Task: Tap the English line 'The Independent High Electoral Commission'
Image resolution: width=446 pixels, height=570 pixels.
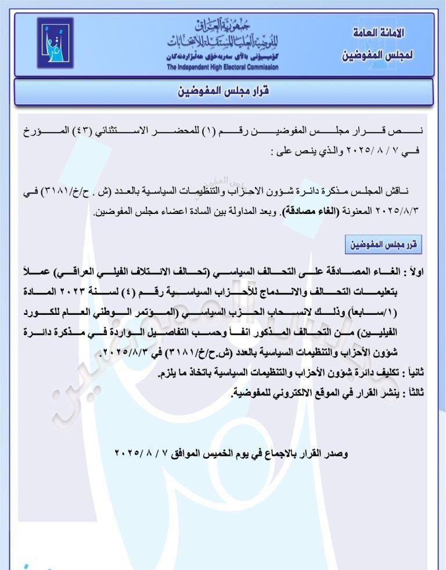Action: click(222, 67)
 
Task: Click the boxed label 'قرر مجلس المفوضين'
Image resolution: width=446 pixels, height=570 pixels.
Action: click(383, 245)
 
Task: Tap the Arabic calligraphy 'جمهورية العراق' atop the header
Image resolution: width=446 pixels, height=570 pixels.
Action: click(222, 26)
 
